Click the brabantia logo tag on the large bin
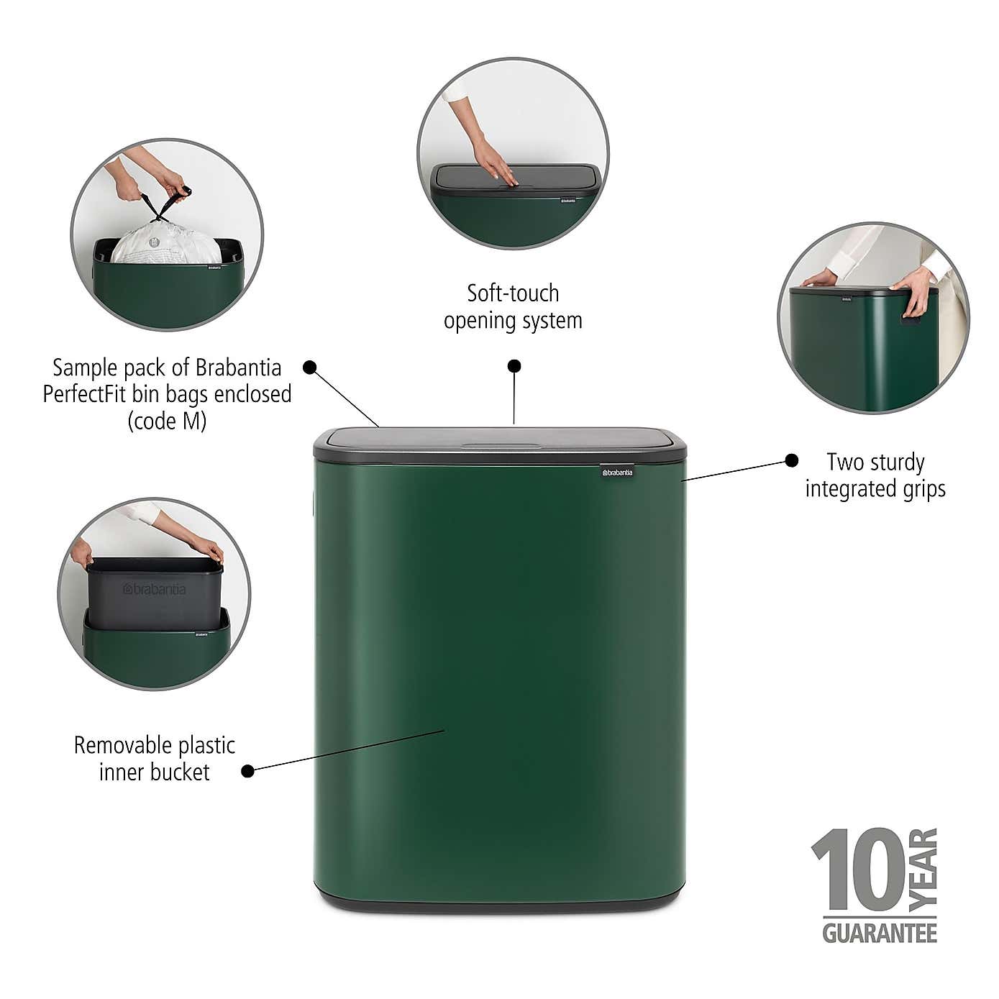(x=617, y=472)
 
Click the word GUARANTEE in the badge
(x=880, y=934)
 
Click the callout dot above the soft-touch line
(x=514, y=366)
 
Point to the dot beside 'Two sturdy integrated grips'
(x=791, y=460)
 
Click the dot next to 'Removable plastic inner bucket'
(x=247, y=770)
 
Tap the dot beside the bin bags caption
(x=310, y=368)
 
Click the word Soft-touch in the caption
(x=513, y=293)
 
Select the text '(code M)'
(x=167, y=421)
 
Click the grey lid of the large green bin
(x=500, y=440)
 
